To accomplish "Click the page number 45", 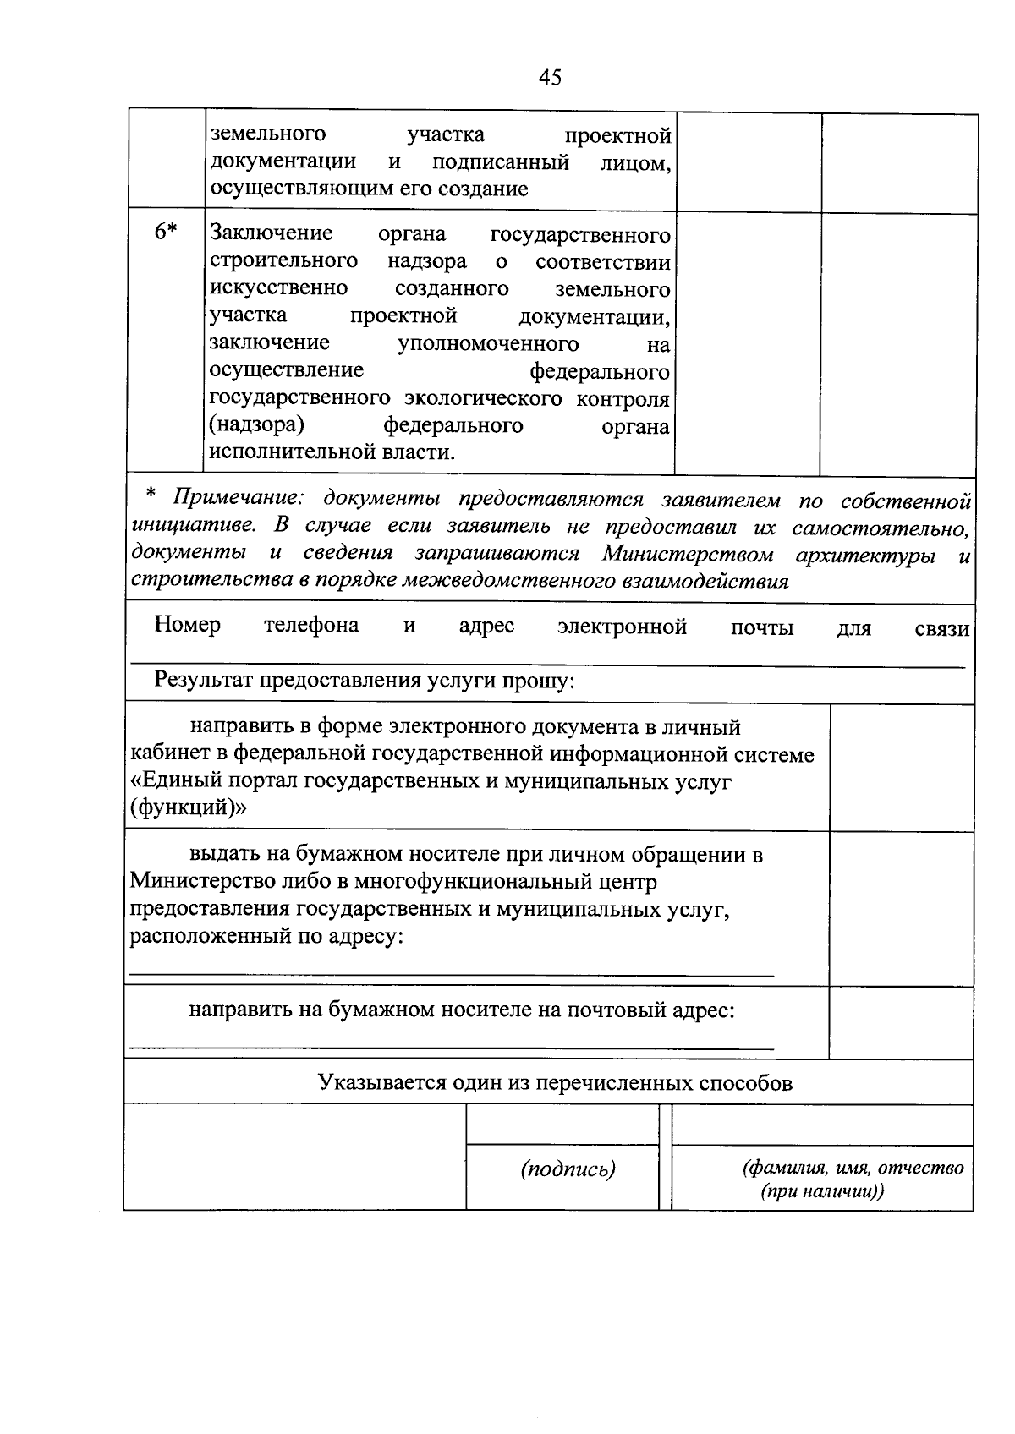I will (x=550, y=78).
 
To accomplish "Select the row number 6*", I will (x=166, y=232).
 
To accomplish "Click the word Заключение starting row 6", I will (x=271, y=233).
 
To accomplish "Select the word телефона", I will (x=310, y=626).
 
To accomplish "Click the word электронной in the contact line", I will (x=622, y=627).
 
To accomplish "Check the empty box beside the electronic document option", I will (x=901, y=766).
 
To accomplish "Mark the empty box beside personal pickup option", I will (x=901, y=907).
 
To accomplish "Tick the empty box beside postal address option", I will (x=901, y=1021).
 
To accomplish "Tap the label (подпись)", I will (x=568, y=1169).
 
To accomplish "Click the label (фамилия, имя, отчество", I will (x=853, y=1169).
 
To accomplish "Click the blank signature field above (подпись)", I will (x=562, y=1125).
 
